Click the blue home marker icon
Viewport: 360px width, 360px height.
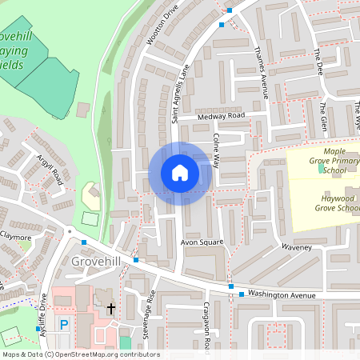tap(180, 173)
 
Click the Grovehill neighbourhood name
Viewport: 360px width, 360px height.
tap(95, 262)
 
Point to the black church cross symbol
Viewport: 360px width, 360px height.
tap(111, 307)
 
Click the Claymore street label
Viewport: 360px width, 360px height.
tap(15, 237)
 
